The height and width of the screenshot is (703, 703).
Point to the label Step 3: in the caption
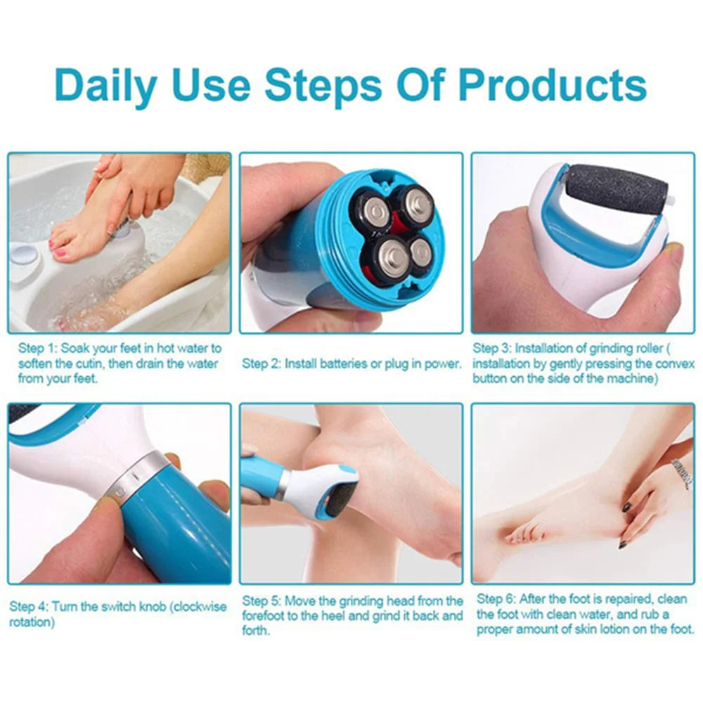pos(493,348)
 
